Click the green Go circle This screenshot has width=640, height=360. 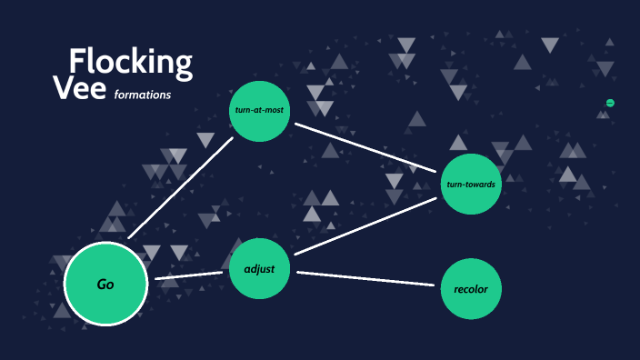click(x=105, y=285)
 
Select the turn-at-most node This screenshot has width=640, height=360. click(x=259, y=111)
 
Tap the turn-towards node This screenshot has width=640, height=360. click(x=471, y=185)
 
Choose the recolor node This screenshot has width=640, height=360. click(x=471, y=289)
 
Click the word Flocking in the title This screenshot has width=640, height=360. click(x=131, y=63)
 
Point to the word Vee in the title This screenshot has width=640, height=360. click(x=80, y=89)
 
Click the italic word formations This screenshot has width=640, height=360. click(x=142, y=95)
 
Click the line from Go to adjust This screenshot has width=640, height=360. click(x=189, y=275)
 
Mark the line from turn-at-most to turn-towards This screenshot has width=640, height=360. click(x=367, y=147)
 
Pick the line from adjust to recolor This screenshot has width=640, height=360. click(x=365, y=279)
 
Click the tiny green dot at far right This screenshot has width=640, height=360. click(x=610, y=103)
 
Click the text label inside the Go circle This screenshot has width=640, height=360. click(x=105, y=285)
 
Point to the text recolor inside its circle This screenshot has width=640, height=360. click(x=471, y=289)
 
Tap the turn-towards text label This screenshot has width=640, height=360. click(x=471, y=185)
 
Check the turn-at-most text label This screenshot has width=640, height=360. click(x=259, y=111)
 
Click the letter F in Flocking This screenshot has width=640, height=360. click(x=79, y=62)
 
